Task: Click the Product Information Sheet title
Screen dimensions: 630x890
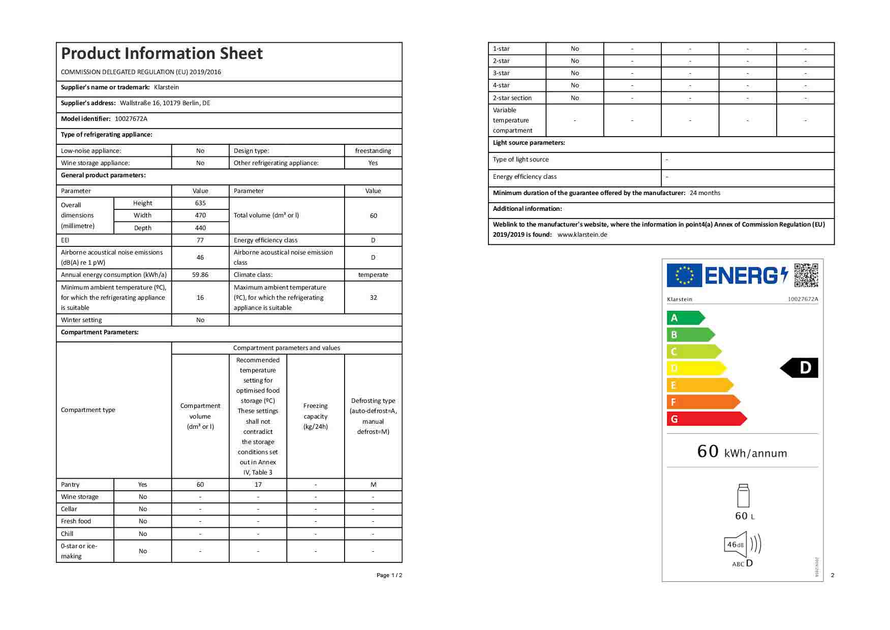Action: pyautogui.click(x=162, y=53)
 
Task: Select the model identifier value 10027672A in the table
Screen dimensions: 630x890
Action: pyautogui.click(x=131, y=119)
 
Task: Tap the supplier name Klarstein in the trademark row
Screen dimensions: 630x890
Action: pyautogui.click(x=166, y=87)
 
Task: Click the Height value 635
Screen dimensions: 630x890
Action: pyautogui.click(x=200, y=203)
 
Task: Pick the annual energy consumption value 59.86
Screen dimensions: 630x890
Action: pyautogui.click(x=200, y=275)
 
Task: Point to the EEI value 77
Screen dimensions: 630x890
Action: pyautogui.click(x=200, y=240)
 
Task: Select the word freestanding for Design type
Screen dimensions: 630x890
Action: pyautogui.click(x=373, y=151)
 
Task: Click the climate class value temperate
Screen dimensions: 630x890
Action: pyautogui.click(x=373, y=275)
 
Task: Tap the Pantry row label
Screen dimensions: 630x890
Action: pyautogui.click(x=70, y=485)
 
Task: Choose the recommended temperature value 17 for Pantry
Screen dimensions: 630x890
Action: pyautogui.click(x=258, y=485)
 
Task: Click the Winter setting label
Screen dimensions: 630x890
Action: pyautogui.click(x=81, y=320)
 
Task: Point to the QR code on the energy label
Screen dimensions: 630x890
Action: pyautogui.click(x=806, y=275)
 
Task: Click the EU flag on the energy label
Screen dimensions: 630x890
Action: pyautogui.click(x=684, y=275)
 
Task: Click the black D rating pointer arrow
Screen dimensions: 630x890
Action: pyautogui.click(x=800, y=368)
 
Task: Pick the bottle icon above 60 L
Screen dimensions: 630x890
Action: pyautogui.click(x=743, y=496)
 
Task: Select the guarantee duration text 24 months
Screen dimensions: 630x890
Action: pyautogui.click(x=705, y=193)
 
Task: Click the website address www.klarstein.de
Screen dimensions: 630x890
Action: pyautogui.click(x=582, y=235)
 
